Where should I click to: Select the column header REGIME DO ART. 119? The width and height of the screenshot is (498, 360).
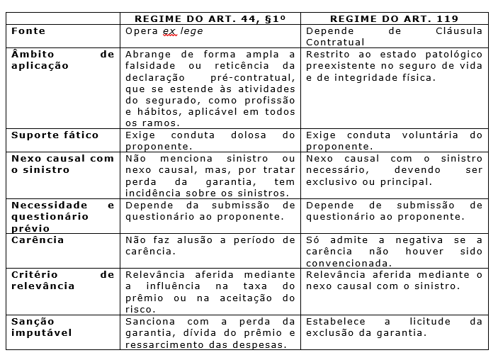pyautogui.click(x=394, y=19)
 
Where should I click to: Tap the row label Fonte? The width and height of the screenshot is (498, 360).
pyautogui.click(x=28, y=31)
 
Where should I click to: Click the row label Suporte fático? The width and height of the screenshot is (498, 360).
pyautogui.click(x=55, y=135)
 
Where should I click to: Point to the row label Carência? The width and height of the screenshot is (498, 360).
pyautogui.click(x=38, y=240)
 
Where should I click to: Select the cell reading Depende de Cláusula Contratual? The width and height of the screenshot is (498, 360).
pyautogui.click(x=394, y=37)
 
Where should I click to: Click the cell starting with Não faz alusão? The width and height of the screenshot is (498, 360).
pyautogui.click(x=210, y=245)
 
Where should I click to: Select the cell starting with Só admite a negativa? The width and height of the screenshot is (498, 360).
pyautogui.click(x=394, y=251)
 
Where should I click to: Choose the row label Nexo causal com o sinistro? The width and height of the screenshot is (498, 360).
pyautogui.click(x=62, y=164)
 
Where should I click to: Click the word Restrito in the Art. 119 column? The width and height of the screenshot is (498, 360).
pyautogui.click(x=327, y=55)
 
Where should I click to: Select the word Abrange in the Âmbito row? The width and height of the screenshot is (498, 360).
pyautogui.click(x=147, y=55)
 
